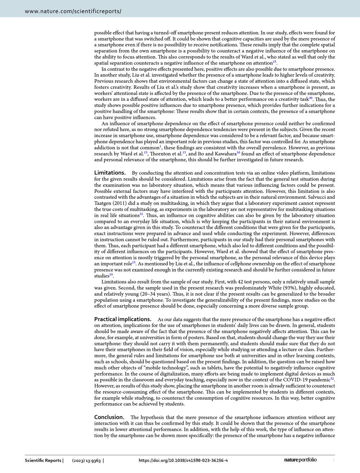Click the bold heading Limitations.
tap(110, 173)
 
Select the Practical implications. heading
tap(123, 319)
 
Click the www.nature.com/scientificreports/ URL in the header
tap(73, 11)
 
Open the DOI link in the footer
tap(183, 460)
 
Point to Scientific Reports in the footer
tap(43, 460)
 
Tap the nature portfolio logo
tap(301, 460)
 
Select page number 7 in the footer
tap(334, 460)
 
